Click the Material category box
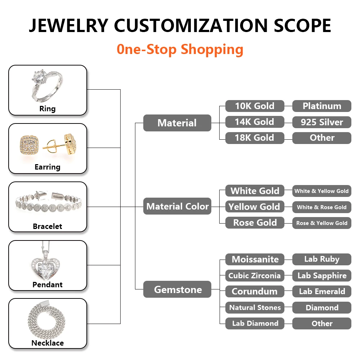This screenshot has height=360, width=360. pyautogui.click(x=177, y=123)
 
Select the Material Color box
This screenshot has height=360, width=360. pyautogui.click(x=177, y=206)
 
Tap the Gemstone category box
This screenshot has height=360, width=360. pyautogui.click(x=177, y=289)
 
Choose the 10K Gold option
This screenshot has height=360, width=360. pyautogui.click(x=255, y=106)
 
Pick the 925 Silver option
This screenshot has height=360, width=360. pyautogui.click(x=321, y=122)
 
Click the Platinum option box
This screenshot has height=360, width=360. pyautogui.click(x=321, y=106)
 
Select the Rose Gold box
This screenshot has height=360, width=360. pyautogui.click(x=255, y=222)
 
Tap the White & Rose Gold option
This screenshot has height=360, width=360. pyautogui.click(x=321, y=207)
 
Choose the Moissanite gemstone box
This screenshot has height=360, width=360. pyautogui.click(x=255, y=259)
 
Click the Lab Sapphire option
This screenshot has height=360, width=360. pyautogui.click(x=321, y=275)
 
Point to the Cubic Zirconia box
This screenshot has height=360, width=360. pyautogui.click(x=255, y=275)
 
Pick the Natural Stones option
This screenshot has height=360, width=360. pyautogui.click(x=255, y=307)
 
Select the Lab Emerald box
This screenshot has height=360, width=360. pyautogui.click(x=321, y=291)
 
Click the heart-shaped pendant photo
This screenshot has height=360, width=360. pyautogui.click(x=48, y=261)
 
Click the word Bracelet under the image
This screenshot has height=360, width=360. pyautogui.click(x=48, y=226)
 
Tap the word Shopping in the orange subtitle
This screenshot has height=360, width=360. pyautogui.click(x=212, y=49)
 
